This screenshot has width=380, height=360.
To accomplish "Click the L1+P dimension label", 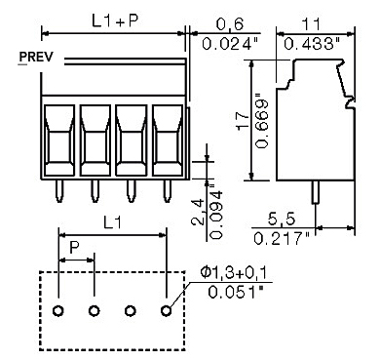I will click(x=114, y=20).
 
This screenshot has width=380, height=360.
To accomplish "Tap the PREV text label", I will click(x=36, y=58).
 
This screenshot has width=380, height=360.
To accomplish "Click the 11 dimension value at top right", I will click(x=311, y=23).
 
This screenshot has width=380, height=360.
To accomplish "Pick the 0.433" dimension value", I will click(x=311, y=43).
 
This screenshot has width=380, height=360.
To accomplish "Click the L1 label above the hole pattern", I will click(x=113, y=223).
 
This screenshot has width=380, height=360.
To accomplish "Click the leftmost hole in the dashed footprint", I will click(x=58, y=312).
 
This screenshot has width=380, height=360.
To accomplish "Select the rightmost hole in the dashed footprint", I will click(x=167, y=312).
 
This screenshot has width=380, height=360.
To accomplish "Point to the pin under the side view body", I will click(x=315, y=191).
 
